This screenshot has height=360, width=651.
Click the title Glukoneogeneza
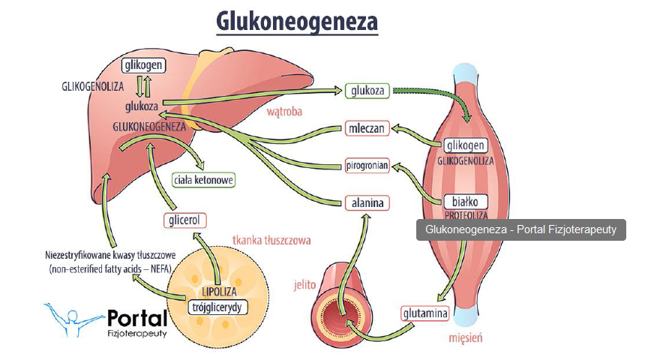click(297, 21)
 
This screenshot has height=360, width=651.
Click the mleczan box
click(367, 128)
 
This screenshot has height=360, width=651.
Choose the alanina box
click(367, 202)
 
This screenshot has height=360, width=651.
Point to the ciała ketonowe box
click(204, 180)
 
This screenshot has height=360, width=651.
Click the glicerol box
click(184, 220)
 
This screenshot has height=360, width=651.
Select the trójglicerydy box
click(216, 307)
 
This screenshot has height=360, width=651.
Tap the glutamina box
click(425, 313)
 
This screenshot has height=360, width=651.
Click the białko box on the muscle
click(466, 201)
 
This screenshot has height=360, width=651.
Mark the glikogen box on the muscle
click(465, 145)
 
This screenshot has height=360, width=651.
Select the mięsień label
click(465, 338)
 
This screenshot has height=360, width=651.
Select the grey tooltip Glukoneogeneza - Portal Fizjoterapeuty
click(520, 229)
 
